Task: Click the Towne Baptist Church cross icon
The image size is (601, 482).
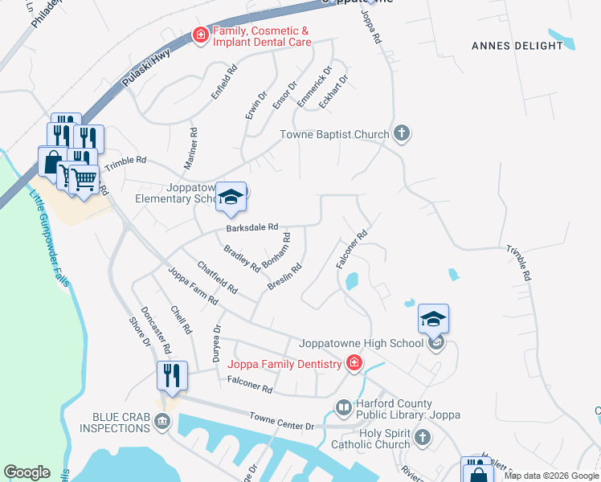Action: tap(402, 134)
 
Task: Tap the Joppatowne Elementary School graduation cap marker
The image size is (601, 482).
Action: tap(231, 197)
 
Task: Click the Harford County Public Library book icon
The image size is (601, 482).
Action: tap(343, 409)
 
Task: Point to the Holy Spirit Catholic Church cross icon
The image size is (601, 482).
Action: tap(423, 439)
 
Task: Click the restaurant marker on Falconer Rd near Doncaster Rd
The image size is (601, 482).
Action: tap(173, 375)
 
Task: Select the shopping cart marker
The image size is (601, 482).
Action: tap(84, 178)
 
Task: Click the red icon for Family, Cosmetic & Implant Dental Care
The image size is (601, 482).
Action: tap(198, 35)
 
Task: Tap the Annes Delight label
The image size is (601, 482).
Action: tap(517, 46)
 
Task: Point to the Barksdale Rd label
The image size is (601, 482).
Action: tap(251, 227)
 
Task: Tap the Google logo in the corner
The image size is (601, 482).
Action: tap(27, 472)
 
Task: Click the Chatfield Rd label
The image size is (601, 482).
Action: tap(217, 276)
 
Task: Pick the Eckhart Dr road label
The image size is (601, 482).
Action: tap(333, 92)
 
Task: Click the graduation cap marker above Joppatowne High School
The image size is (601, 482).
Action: tap(433, 319)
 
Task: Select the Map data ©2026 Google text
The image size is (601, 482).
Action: tap(551, 476)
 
